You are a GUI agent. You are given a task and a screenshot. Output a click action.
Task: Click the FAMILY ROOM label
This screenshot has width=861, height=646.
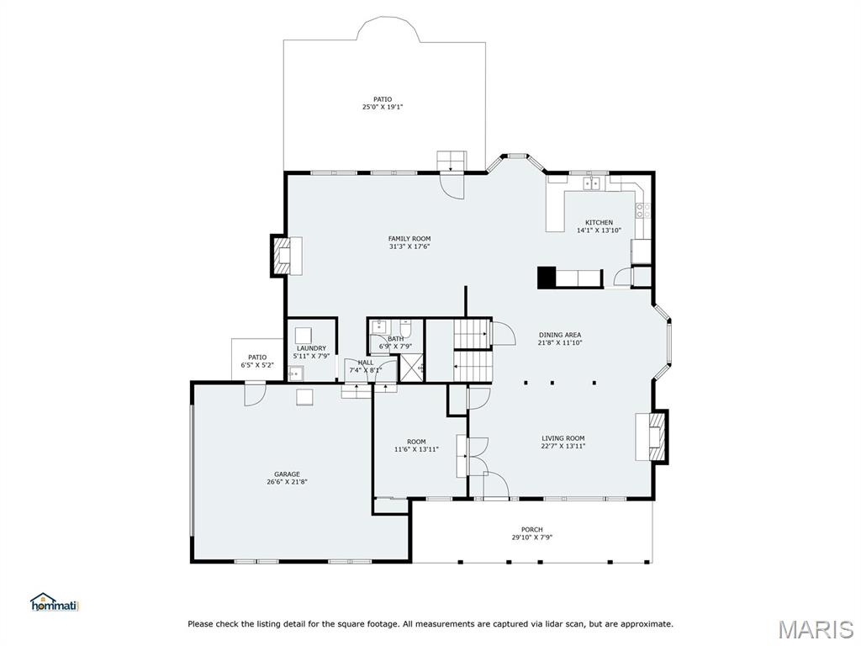pos(409,239)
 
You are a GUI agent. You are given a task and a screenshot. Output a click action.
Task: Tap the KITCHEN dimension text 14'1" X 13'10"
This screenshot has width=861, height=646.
pos(599,230)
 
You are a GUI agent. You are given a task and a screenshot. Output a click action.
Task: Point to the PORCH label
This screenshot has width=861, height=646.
pos(531,530)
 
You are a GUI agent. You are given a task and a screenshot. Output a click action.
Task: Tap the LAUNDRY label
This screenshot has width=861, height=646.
pos(311,348)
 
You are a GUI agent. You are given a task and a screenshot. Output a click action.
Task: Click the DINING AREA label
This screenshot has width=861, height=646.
pos(560,335)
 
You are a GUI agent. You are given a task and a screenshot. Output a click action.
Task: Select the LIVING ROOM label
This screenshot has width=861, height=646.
pos(563,438)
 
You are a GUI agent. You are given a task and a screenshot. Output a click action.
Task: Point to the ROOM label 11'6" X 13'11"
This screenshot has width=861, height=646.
pos(416,442)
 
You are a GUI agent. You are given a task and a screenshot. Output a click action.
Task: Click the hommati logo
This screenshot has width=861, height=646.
pos(54,602)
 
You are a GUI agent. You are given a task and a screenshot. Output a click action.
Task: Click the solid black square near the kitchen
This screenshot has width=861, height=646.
pos(547,278)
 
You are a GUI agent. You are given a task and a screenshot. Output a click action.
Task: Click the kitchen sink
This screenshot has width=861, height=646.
pos(592,183)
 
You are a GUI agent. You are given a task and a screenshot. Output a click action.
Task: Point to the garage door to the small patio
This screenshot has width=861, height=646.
pos(255,394)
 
